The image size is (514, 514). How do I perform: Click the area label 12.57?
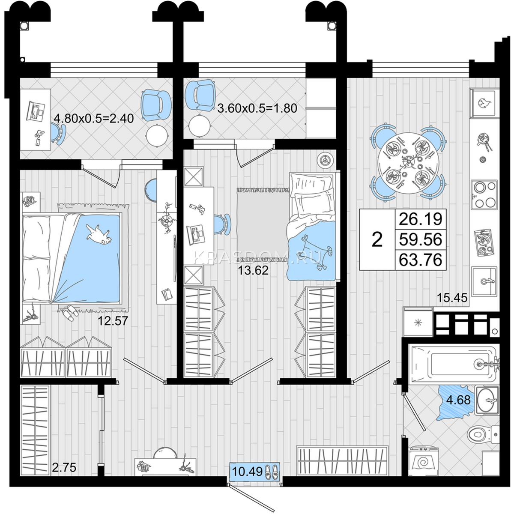[x=113, y=321]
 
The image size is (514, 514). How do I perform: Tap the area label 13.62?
[x=253, y=270]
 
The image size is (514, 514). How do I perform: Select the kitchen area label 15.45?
[x=452, y=297]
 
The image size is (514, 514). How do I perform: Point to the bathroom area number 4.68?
[x=458, y=400]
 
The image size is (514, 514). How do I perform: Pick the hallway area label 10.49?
[x=247, y=472]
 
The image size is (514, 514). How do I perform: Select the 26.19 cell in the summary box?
[x=420, y=219]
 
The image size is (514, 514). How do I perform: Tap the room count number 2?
[x=377, y=239]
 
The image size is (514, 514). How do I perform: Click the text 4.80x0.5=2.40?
[x=94, y=118]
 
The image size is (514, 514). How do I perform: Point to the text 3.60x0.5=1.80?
[x=257, y=108]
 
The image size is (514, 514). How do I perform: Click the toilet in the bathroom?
[x=483, y=435]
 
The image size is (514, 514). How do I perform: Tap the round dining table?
[x=408, y=163]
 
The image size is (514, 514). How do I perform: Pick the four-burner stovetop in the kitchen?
[x=484, y=194]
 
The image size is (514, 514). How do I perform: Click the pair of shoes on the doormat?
[x=272, y=472]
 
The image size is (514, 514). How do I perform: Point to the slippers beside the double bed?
[x=70, y=312]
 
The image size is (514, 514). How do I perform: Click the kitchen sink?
[x=484, y=281]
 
